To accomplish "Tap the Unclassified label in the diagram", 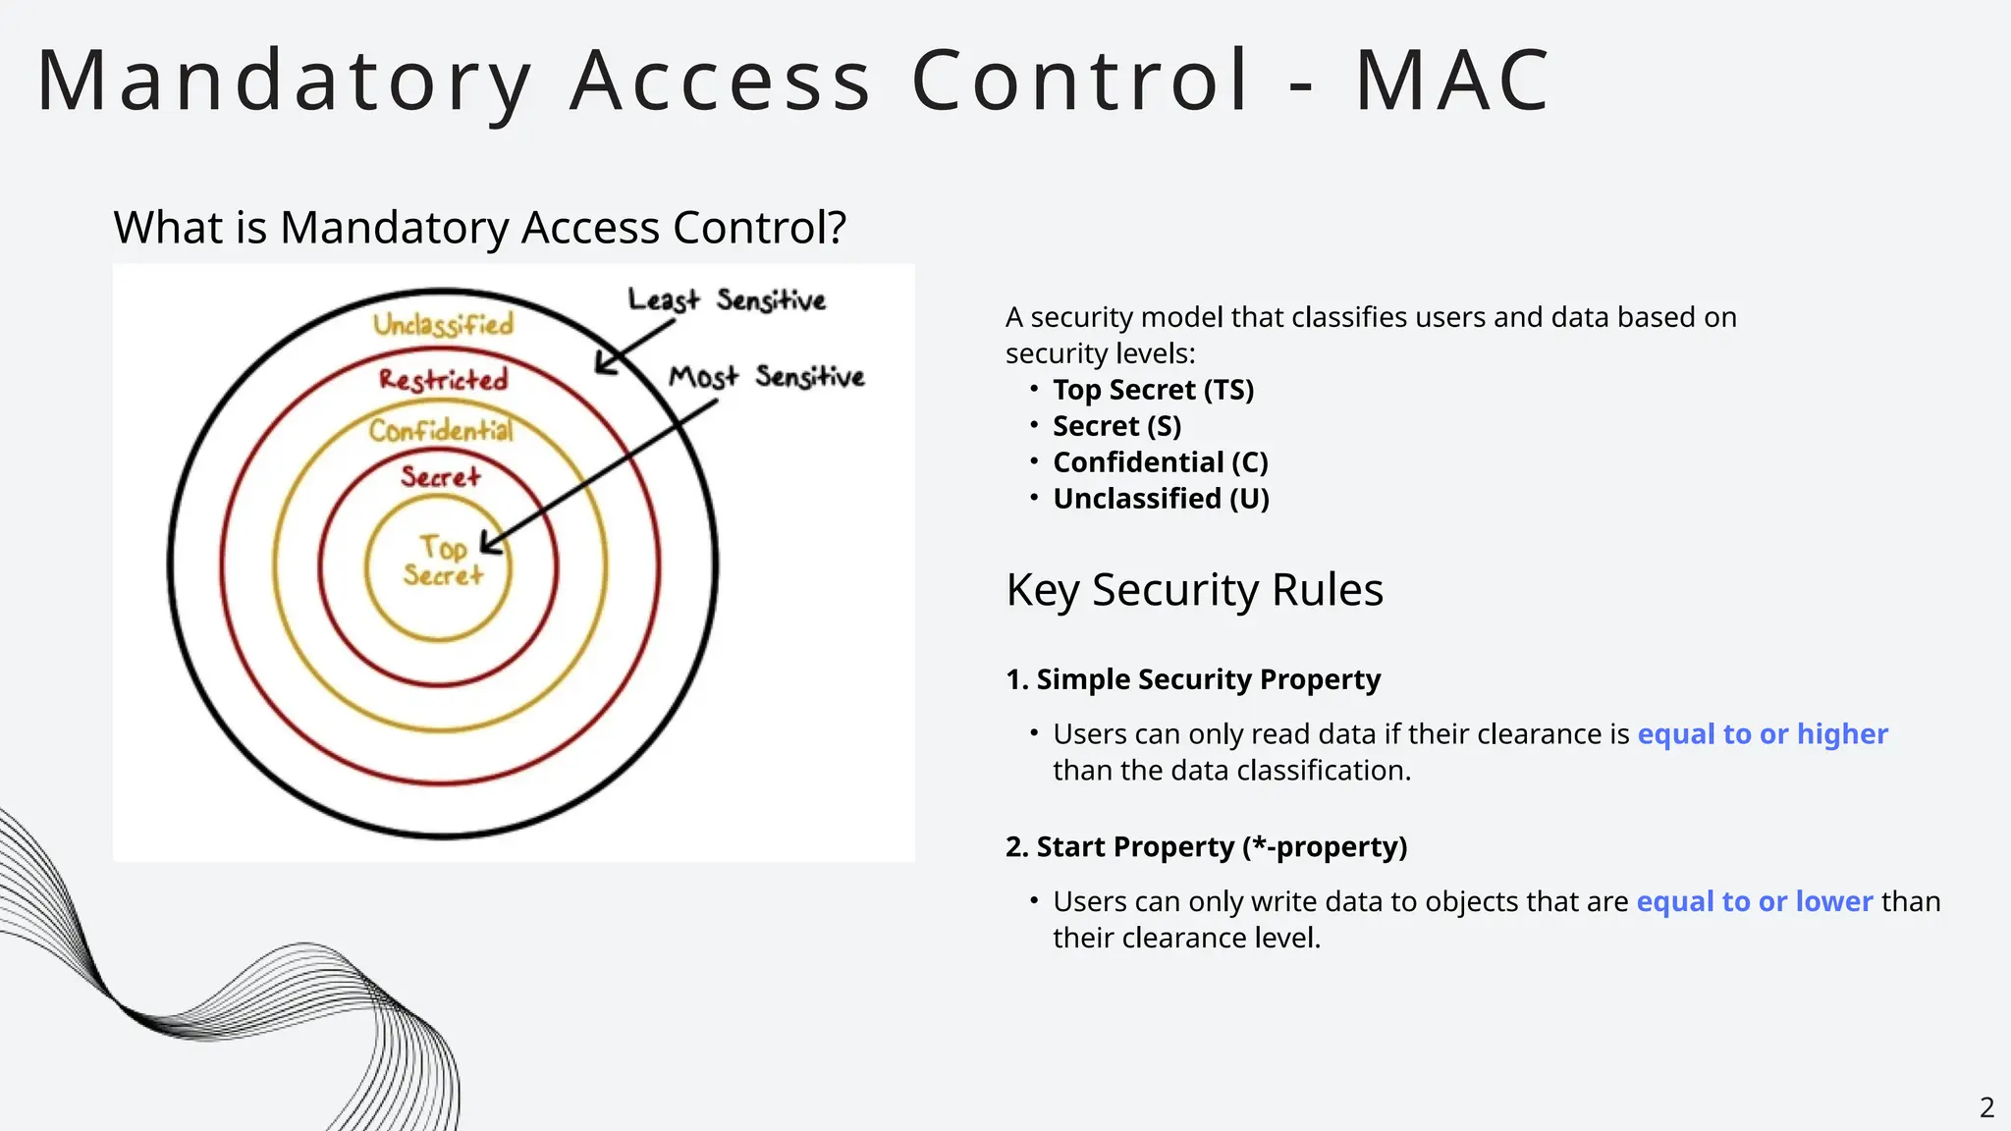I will click(x=443, y=324).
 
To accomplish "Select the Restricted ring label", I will click(x=444, y=380).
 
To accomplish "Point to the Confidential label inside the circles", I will click(x=441, y=430).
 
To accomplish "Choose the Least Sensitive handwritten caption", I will click(x=727, y=299).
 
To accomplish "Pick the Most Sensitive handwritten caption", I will click(x=766, y=377).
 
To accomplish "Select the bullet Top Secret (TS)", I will click(x=1153, y=390).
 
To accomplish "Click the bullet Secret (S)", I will click(x=1116, y=426).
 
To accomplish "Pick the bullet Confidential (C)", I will click(x=1160, y=462).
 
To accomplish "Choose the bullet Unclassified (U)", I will click(x=1161, y=499).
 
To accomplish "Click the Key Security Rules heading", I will click(x=1194, y=590).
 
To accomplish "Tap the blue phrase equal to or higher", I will click(x=1762, y=734).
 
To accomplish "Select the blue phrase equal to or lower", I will click(x=1754, y=901).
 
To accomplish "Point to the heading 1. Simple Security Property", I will click(x=1193, y=679).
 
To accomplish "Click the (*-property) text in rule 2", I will click(x=1325, y=847).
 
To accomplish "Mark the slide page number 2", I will click(x=1986, y=1108).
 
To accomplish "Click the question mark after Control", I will click(x=836, y=228).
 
